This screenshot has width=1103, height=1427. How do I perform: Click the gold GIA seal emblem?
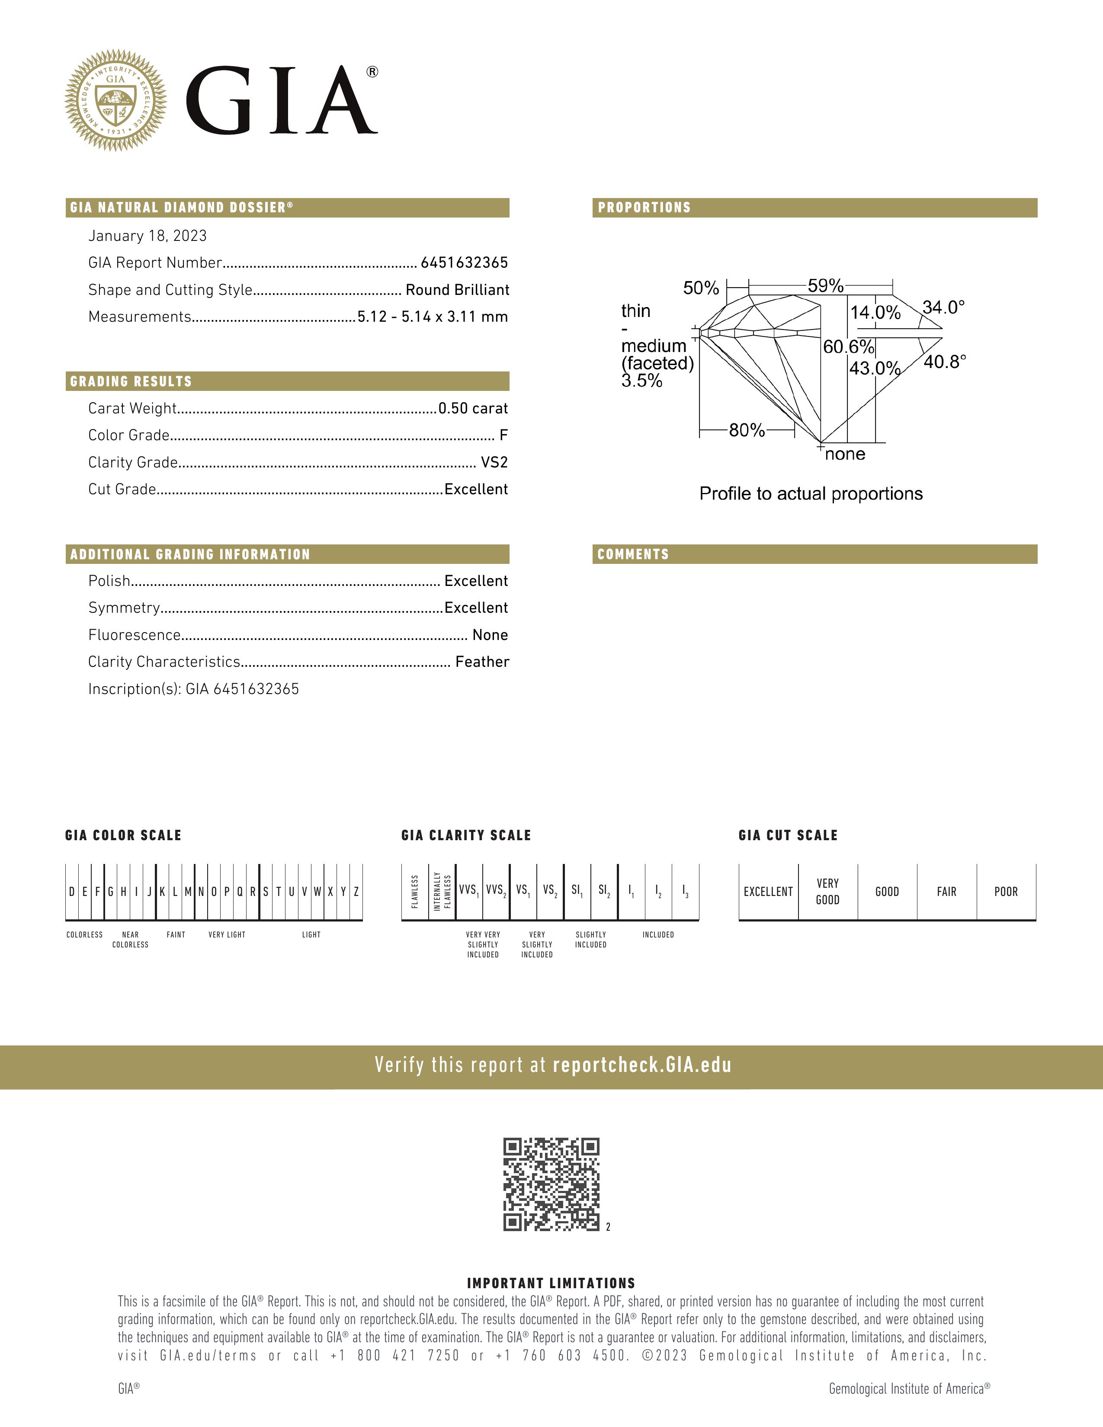point(115,100)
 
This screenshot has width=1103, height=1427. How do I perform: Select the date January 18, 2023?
point(147,236)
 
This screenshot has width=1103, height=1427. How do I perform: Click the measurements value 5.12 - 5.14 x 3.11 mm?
point(433,317)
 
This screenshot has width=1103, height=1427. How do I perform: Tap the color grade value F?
point(503,435)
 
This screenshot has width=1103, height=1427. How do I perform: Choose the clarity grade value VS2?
point(494,463)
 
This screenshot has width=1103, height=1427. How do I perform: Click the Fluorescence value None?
point(490,635)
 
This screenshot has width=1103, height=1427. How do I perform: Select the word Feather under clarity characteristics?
point(482,662)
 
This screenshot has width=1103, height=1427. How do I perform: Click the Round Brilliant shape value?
point(457,290)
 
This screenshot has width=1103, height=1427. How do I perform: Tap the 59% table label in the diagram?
point(825,286)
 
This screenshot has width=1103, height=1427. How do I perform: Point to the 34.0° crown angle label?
point(943,307)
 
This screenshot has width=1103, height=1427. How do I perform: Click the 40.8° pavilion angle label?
point(945,362)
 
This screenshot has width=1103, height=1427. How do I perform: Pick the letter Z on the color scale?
point(356,892)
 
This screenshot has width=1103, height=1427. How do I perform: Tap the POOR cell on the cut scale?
point(1006,892)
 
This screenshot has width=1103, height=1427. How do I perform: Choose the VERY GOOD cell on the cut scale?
point(827,892)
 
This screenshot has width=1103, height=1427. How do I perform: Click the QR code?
point(551,1184)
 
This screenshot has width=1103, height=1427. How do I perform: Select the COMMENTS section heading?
point(633,554)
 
